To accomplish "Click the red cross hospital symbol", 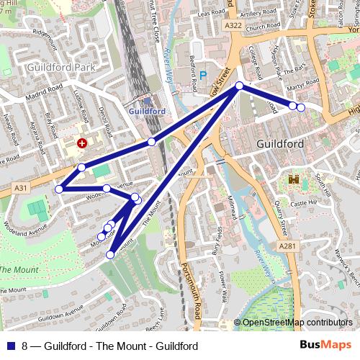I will [x=81, y=143].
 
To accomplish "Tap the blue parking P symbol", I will [x=202, y=74].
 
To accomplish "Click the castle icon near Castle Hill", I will [x=294, y=179].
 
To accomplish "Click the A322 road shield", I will [x=232, y=26].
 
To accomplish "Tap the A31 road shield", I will [x=21, y=187].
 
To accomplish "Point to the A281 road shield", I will [x=288, y=246].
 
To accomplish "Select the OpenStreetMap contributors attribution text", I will [x=297, y=323].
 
